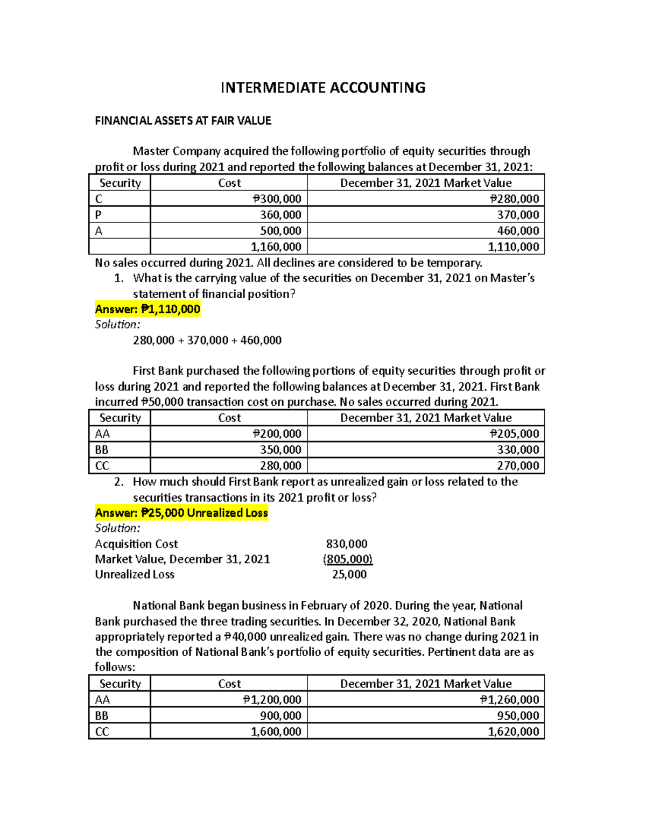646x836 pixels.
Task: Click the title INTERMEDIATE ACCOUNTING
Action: click(x=323, y=88)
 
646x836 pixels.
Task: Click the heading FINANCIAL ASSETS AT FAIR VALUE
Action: click(x=183, y=121)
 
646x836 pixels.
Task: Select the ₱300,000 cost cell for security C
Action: click(x=277, y=199)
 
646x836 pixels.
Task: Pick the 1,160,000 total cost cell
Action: click(x=276, y=247)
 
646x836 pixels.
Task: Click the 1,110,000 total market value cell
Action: click(x=513, y=247)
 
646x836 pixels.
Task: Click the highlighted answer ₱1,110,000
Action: click(x=148, y=309)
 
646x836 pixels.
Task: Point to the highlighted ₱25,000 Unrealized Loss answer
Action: click(x=181, y=512)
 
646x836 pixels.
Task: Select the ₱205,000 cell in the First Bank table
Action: click(x=514, y=434)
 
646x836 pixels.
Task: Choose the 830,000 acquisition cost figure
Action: click(x=347, y=544)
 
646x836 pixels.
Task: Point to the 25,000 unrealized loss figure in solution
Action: click(x=349, y=574)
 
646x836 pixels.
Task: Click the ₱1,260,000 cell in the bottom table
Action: click(x=509, y=699)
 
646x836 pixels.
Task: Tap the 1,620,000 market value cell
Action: click(x=513, y=731)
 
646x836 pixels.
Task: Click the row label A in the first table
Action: click(x=99, y=231)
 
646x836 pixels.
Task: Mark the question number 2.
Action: click(x=119, y=482)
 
